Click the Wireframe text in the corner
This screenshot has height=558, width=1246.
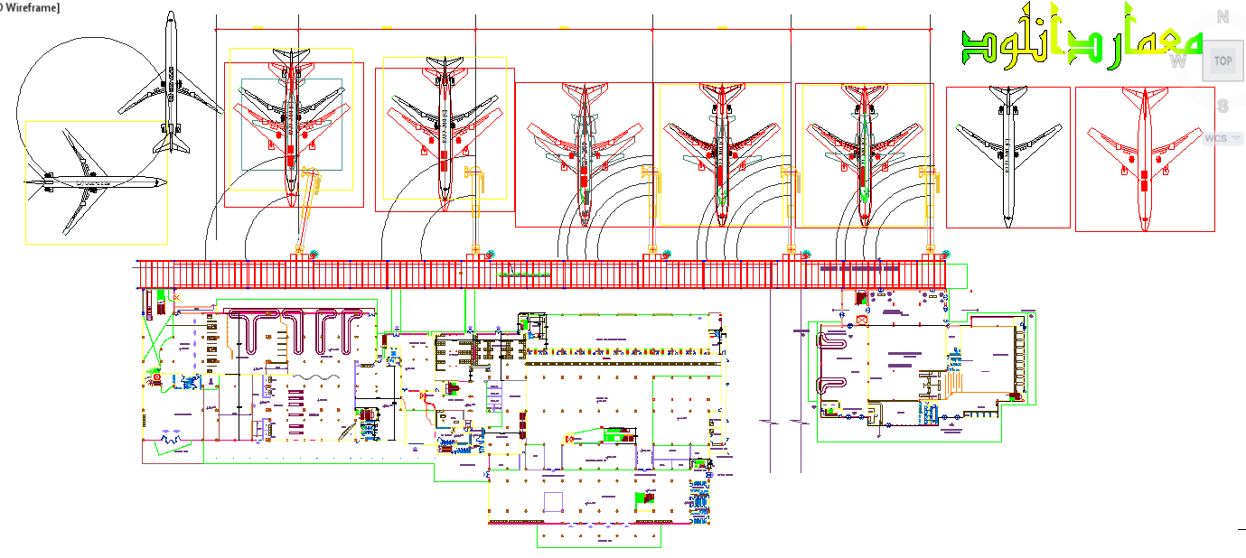(32, 7)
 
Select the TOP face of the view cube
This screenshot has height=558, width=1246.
(1223, 60)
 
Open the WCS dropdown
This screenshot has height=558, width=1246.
(1222, 138)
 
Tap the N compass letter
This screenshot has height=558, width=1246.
(1223, 16)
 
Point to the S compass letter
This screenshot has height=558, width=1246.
(1223, 106)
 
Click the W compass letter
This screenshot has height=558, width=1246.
(1177, 61)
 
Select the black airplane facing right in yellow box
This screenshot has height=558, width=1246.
(95, 182)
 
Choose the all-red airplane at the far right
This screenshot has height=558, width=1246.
(1145, 155)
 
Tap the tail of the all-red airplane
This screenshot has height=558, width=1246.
(1145, 94)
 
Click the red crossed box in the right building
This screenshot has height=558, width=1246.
(861, 320)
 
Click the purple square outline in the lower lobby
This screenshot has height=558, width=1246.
(554, 502)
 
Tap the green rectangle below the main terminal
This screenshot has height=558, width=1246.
(599, 536)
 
